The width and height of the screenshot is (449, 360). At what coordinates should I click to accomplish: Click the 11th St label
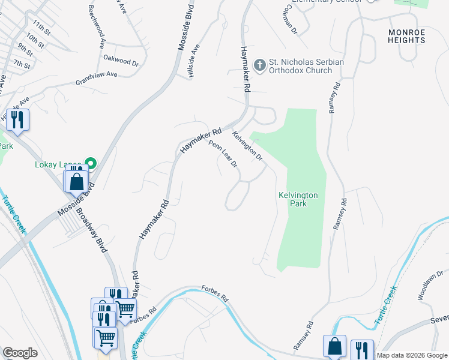pyautogui.click(x=42, y=27)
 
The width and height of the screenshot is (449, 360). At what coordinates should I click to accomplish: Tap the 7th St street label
pyautogui.click(x=22, y=64)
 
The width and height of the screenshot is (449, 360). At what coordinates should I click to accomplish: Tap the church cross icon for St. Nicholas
pyautogui.click(x=260, y=64)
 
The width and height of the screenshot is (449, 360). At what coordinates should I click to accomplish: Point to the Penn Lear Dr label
pyautogui.click(x=223, y=154)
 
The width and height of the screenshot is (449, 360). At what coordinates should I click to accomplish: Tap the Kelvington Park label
pyautogui.click(x=298, y=199)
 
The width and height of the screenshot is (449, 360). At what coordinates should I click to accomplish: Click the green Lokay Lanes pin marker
pyautogui.click(x=91, y=163)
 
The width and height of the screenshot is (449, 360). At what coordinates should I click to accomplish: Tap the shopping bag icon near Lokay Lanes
pyautogui.click(x=77, y=181)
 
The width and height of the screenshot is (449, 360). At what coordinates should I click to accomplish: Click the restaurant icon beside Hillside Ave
pyautogui.click(x=17, y=119)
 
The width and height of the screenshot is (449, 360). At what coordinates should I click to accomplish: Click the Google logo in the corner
pyautogui.click(x=20, y=353)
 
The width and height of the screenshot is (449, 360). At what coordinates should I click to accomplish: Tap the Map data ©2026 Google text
pyautogui.click(x=412, y=355)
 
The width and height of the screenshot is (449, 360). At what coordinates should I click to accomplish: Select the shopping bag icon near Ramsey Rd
pyautogui.click(x=334, y=346)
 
